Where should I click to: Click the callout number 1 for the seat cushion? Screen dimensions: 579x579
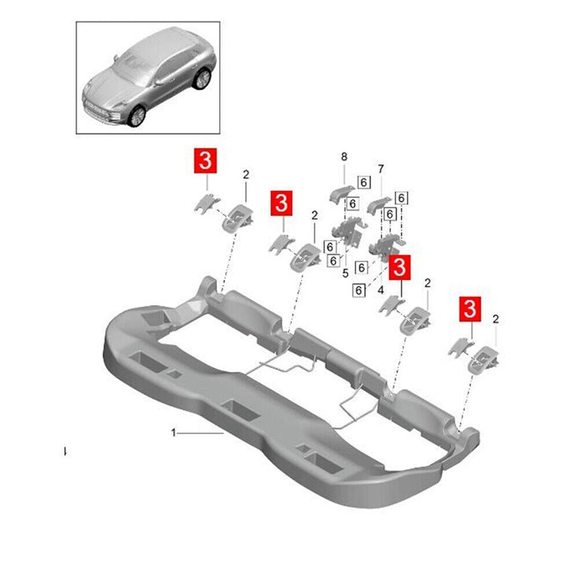(174, 432)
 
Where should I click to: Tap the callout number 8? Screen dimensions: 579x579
(344, 157)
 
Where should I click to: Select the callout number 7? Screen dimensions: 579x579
(381, 169)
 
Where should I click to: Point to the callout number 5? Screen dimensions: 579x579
(345, 273)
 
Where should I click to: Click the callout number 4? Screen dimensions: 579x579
(379, 289)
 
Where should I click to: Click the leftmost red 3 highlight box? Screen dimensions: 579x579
(205, 160)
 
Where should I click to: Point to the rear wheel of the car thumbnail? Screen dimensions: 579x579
(201, 77)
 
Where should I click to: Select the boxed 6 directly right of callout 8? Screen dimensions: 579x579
(363, 183)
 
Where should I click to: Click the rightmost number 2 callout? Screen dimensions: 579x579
(496, 319)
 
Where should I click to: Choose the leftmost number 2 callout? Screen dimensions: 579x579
(245, 174)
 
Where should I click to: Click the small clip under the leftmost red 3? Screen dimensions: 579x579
(203, 204)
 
